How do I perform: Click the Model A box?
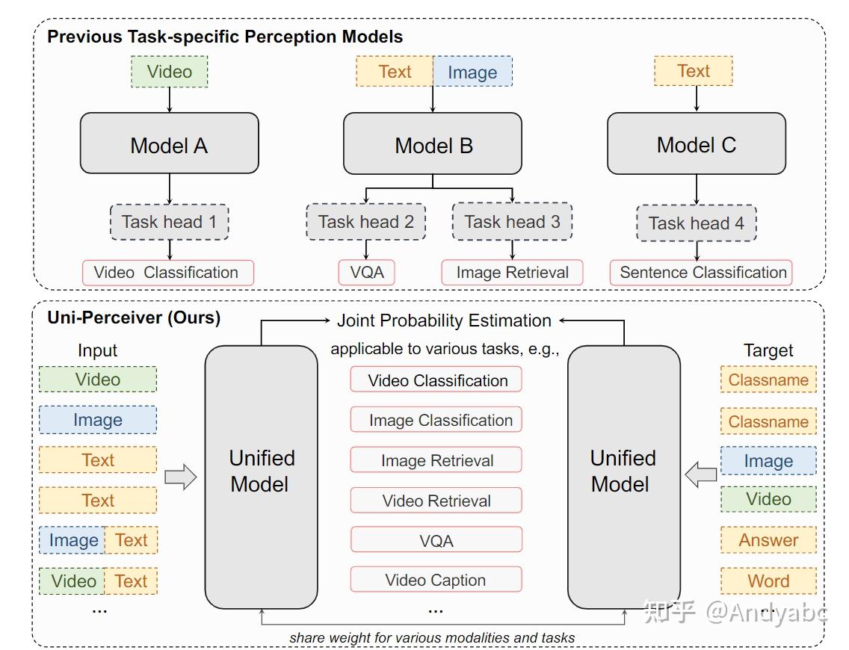click(x=169, y=143)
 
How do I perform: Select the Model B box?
click(x=433, y=144)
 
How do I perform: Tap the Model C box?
click(x=696, y=143)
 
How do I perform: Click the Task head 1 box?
click(x=170, y=222)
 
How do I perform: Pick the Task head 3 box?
click(x=512, y=222)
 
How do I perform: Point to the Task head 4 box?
click(x=696, y=223)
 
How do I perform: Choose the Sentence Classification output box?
click(x=703, y=273)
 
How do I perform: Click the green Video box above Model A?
click(x=169, y=72)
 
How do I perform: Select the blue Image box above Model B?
click(x=472, y=72)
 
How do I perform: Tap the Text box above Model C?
click(x=693, y=71)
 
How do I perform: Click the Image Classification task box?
click(x=436, y=420)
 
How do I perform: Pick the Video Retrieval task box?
click(x=436, y=501)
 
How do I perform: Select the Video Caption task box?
click(x=436, y=580)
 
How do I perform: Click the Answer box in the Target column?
click(x=768, y=540)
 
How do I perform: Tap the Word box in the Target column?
click(x=768, y=581)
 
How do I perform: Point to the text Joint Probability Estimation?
click(x=444, y=321)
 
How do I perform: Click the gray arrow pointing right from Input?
click(x=179, y=477)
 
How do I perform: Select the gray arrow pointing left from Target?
click(x=701, y=474)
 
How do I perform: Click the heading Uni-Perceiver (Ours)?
click(x=134, y=317)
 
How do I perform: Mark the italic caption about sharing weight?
click(x=432, y=637)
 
